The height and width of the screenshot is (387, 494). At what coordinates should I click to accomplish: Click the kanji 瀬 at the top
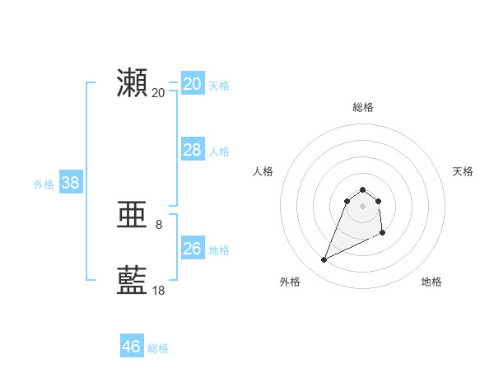[133, 84]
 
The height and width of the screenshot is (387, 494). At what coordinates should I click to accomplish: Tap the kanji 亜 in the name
[133, 216]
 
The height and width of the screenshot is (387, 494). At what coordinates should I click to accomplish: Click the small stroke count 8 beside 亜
[159, 224]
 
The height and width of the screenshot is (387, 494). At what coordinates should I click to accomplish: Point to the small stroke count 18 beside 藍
[159, 290]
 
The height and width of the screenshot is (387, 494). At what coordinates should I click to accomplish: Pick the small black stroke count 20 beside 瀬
[159, 92]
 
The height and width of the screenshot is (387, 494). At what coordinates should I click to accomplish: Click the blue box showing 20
[192, 84]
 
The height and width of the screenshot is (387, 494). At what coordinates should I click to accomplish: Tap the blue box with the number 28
[192, 150]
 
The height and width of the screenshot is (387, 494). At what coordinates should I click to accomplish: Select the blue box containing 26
[192, 249]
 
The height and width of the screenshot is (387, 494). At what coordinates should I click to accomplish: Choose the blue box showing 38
[70, 183]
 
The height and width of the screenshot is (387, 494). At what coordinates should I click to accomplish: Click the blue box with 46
[131, 347]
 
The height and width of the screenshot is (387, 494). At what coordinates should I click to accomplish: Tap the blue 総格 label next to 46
[158, 348]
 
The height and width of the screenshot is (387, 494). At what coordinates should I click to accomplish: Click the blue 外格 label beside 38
[44, 184]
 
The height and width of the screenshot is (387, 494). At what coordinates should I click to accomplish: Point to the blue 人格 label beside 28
[219, 152]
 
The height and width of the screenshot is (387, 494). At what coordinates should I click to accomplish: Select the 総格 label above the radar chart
[363, 107]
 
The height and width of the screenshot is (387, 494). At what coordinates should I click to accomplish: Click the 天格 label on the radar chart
[463, 171]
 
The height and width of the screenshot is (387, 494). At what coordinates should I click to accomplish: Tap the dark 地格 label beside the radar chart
[431, 282]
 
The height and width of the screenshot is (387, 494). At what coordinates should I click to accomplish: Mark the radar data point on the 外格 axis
[324, 260]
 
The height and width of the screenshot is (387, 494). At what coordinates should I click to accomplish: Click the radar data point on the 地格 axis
[383, 234]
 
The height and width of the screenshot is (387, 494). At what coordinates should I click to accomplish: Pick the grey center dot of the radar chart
[363, 205]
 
